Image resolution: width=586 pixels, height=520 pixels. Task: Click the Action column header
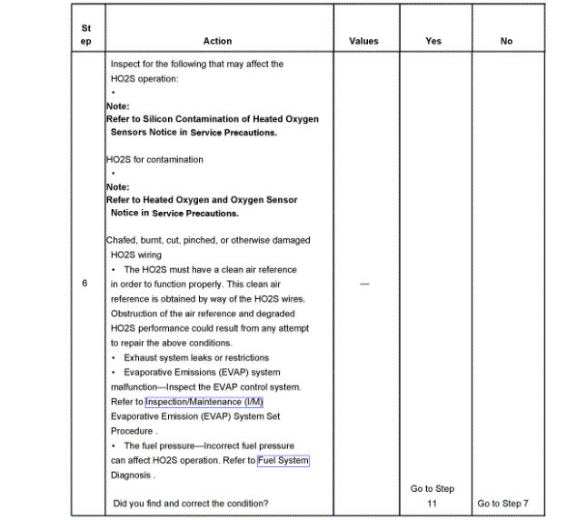(x=217, y=41)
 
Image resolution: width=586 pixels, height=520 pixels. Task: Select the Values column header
(x=363, y=41)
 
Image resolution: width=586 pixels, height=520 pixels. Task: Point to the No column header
(x=506, y=41)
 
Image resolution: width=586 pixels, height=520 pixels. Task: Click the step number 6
(x=84, y=284)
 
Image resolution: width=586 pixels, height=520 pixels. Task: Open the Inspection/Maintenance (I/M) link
(x=204, y=402)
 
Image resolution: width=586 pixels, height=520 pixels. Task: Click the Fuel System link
(x=283, y=461)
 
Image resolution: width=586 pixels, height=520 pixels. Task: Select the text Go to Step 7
(x=502, y=503)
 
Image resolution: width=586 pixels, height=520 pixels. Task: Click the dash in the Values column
(x=364, y=284)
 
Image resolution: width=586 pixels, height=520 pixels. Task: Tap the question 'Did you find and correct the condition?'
(x=191, y=503)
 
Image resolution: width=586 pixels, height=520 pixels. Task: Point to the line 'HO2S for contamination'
(x=154, y=159)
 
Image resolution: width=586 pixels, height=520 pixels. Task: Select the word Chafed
(x=121, y=240)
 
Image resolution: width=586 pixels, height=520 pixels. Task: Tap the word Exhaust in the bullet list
(x=142, y=357)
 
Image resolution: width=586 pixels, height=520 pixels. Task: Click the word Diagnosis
(x=131, y=475)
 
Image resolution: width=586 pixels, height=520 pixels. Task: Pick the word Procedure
(x=132, y=431)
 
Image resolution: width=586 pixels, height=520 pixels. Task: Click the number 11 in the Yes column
(x=433, y=503)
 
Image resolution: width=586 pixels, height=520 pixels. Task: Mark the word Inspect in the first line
(x=126, y=65)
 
